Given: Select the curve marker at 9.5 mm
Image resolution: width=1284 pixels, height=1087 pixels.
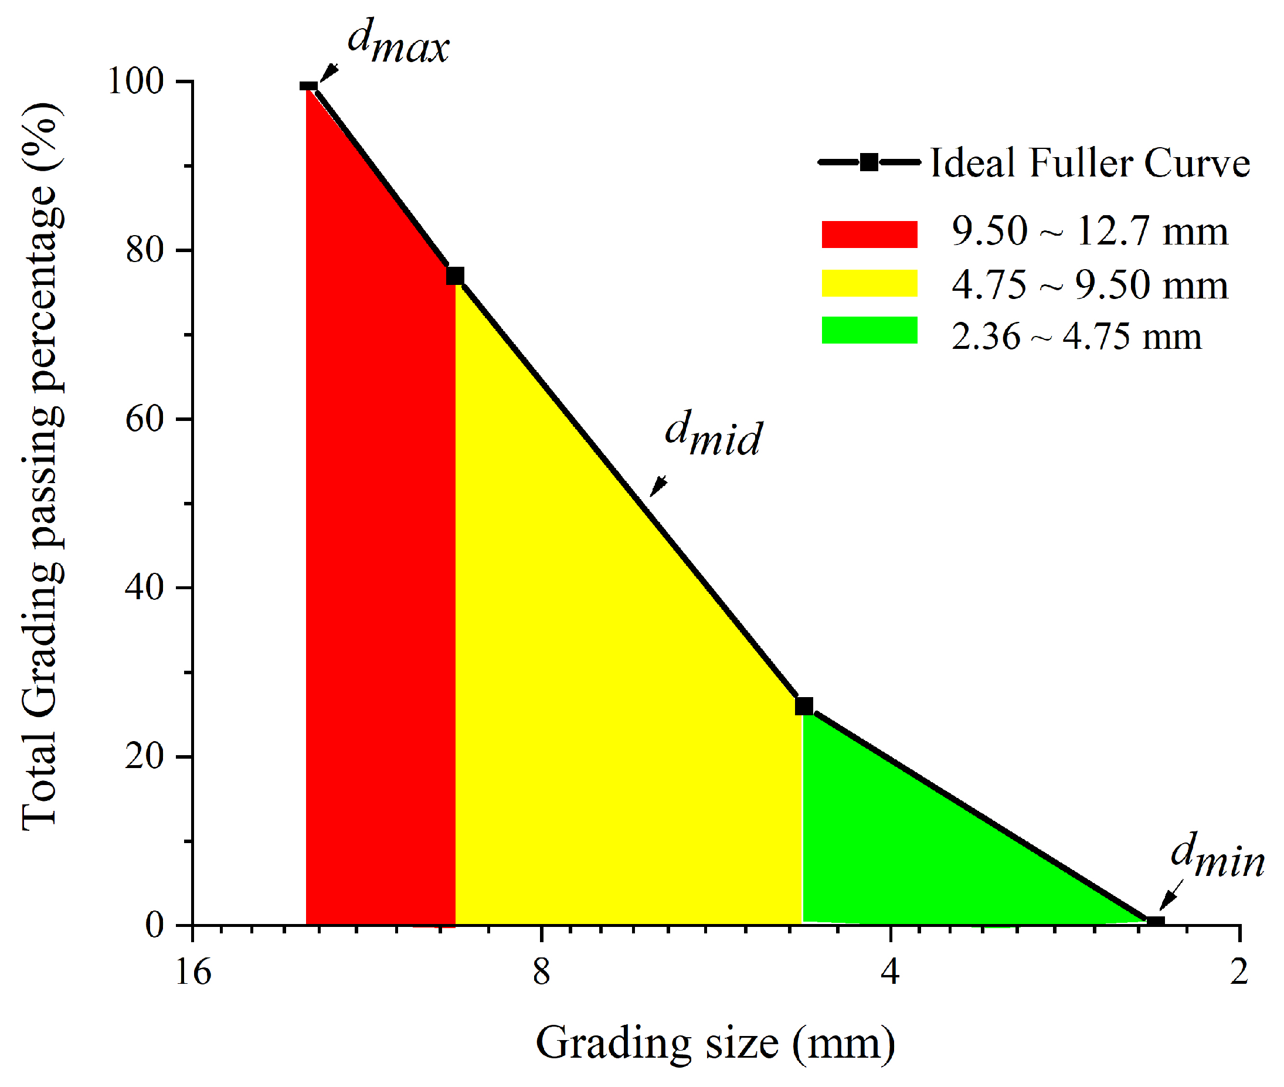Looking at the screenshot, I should click(455, 276).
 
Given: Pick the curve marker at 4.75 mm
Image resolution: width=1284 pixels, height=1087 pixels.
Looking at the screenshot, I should click(803, 705).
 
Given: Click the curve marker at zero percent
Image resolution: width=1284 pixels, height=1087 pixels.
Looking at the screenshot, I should click(1155, 922).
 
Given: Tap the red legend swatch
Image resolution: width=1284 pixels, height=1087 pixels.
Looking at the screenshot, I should click(869, 234).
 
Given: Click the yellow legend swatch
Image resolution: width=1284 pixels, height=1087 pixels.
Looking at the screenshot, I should click(869, 283).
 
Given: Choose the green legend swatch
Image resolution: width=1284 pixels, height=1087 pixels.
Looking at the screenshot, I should click(869, 330).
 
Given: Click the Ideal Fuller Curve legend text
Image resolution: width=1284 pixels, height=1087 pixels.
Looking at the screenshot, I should click(1089, 164).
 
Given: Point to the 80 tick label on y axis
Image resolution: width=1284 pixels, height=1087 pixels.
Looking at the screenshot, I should click(145, 250).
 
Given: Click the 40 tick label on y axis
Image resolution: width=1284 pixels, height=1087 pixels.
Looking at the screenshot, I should click(145, 587).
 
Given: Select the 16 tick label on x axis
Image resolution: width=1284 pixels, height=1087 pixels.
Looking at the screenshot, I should click(193, 973).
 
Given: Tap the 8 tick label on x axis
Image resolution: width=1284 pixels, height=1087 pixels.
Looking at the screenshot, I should click(541, 973).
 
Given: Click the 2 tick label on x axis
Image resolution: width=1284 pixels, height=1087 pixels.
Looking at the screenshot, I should click(1239, 973).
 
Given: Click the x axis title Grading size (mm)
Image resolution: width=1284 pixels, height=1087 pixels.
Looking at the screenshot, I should click(715, 1043).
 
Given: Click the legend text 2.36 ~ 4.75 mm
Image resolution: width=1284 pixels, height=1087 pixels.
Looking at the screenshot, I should click(1076, 337).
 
